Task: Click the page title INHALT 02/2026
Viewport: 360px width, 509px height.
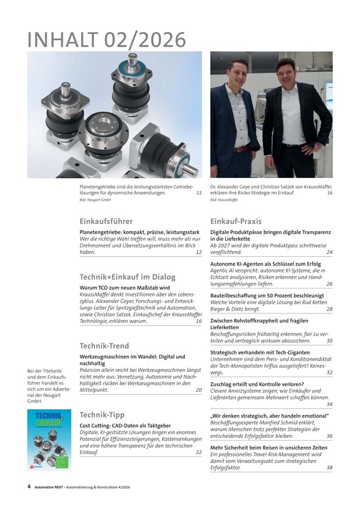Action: click(107, 40)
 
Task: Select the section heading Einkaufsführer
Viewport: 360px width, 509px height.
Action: click(106, 221)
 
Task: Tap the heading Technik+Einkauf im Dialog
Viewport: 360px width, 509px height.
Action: click(127, 277)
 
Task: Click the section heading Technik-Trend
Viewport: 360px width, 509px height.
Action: click(104, 346)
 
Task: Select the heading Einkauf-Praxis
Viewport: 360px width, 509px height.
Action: click(236, 221)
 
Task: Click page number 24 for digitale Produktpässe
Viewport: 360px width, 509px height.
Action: click(329, 252)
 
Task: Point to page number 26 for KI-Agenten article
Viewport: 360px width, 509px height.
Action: click(329, 284)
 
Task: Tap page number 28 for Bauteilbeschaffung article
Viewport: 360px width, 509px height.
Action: click(329, 309)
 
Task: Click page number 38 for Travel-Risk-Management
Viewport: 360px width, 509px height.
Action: click(329, 468)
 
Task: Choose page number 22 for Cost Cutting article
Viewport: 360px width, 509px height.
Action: click(198, 452)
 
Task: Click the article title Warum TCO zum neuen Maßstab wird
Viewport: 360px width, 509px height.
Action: click(125, 288)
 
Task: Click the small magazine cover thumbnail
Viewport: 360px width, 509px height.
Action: click(49, 439)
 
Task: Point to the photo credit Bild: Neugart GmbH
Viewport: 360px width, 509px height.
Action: click(95, 200)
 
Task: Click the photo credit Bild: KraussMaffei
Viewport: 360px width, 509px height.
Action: click(223, 200)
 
